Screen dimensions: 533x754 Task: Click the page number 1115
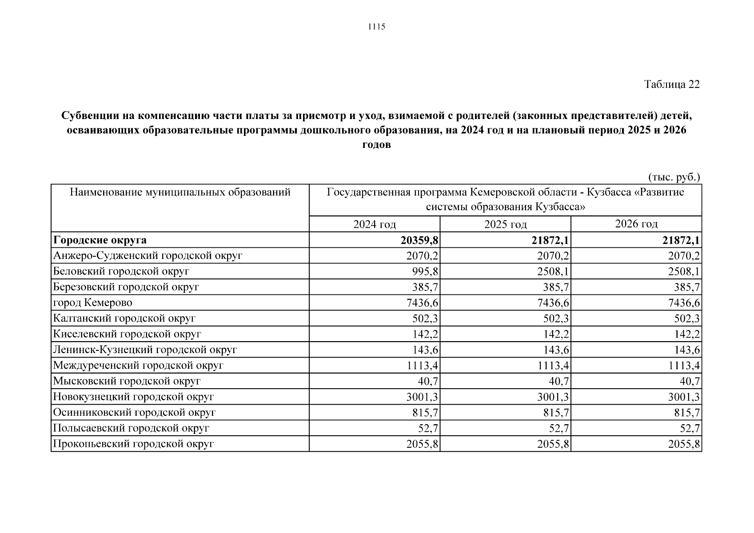(377, 27)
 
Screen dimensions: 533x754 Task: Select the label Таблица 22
(672, 84)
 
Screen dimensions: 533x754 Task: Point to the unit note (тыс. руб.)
(674, 177)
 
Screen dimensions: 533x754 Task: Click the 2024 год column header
(374, 224)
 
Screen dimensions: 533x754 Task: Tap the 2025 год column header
(505, 224)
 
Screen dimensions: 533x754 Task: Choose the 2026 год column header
(636, 224)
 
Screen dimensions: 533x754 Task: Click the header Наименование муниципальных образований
(180, 192)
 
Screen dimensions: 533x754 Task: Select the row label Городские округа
(100, 240)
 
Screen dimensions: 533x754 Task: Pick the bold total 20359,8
(419, 240)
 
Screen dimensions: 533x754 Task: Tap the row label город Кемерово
(93, 303)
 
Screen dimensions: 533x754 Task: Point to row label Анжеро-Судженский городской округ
(148, 256)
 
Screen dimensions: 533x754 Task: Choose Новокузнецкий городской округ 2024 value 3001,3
(422, 397)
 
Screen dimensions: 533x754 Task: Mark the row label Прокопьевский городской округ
(134, 444)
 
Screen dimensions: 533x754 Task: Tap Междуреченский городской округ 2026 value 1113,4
(684, 366)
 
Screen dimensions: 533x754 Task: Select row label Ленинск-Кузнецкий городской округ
(145, 350)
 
